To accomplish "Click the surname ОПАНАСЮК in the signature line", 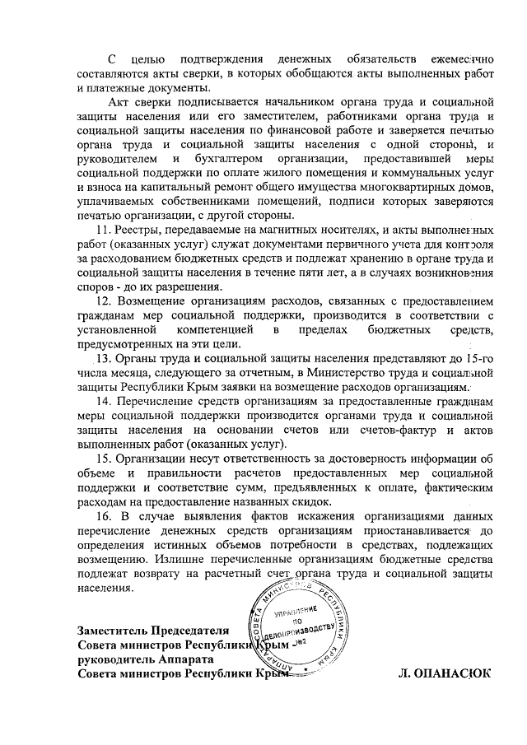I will pos(445,673).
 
